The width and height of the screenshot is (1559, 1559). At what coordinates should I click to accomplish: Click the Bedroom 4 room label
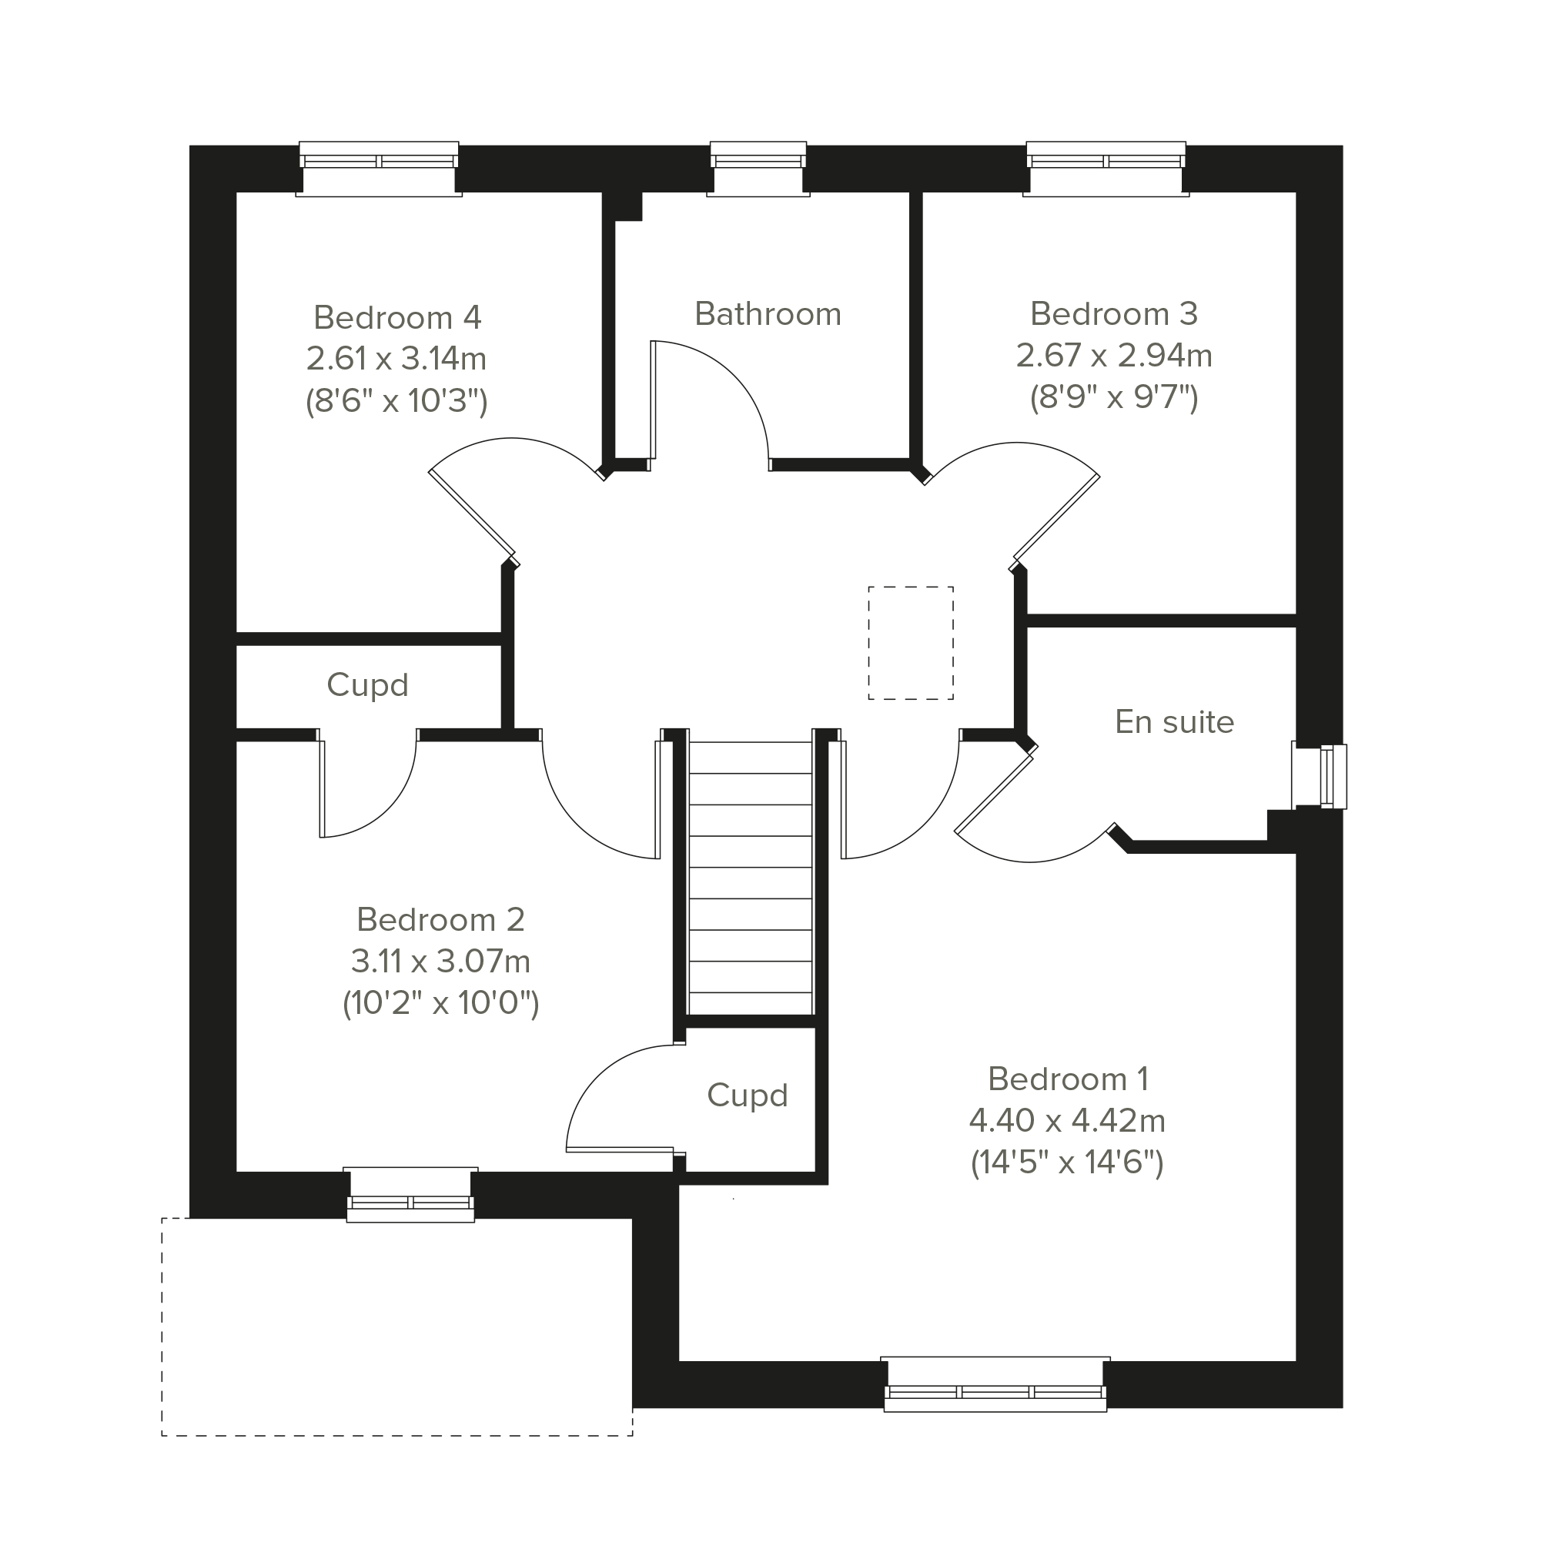pyautogui.click(x=397, y=318)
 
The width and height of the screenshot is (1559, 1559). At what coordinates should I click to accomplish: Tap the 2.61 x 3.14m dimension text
pyautogui.click(x=396, y=358)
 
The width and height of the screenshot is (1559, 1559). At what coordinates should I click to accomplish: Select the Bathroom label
pyautogui.click(x=768, y=314)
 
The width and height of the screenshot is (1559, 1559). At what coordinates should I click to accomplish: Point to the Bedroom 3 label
pyautogui.click(x=1113, y=313)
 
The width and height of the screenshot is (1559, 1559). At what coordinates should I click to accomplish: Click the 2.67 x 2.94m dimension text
pyautogui.click(x=1113, y=355)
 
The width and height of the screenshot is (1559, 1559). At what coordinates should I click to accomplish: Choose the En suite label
pyautogui.click(x=1174, y=722)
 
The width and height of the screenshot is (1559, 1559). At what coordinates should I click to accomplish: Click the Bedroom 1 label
pyautogui.click(x=1068, y=1079)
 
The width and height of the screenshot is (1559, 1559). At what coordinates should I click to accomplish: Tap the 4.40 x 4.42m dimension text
pyautogui.click(x=1067, y=1120)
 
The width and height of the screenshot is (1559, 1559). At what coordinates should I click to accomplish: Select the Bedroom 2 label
pyautogui.click(x=440, y=919)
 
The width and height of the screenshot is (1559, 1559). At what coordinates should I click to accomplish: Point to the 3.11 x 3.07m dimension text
pyautogui.click(x=440, y=961)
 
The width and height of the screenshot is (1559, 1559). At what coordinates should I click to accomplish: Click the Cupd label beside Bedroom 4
pyautogui.click(x=367, y=685)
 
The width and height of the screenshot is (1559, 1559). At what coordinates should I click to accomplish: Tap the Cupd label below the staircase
pyautogui.click(x=748, y=1095)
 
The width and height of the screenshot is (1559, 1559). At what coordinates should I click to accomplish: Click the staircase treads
pyautogui.click(x=751, y=878)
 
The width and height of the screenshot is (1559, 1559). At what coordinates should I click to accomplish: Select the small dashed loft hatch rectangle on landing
pyautogui.click(x=911, y=643)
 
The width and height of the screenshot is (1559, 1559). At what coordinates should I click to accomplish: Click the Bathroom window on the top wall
pyautogui.click(x=758, y=169)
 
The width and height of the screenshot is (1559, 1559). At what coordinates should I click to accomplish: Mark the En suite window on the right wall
pyautogui.click(x=1320, y=775)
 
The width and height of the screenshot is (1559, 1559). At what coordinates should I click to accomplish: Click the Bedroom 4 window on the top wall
pyautogui.click(x=379, y=169)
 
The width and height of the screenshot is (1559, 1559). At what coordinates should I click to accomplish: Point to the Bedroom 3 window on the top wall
pyautogui.click(x=1106, y=169)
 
